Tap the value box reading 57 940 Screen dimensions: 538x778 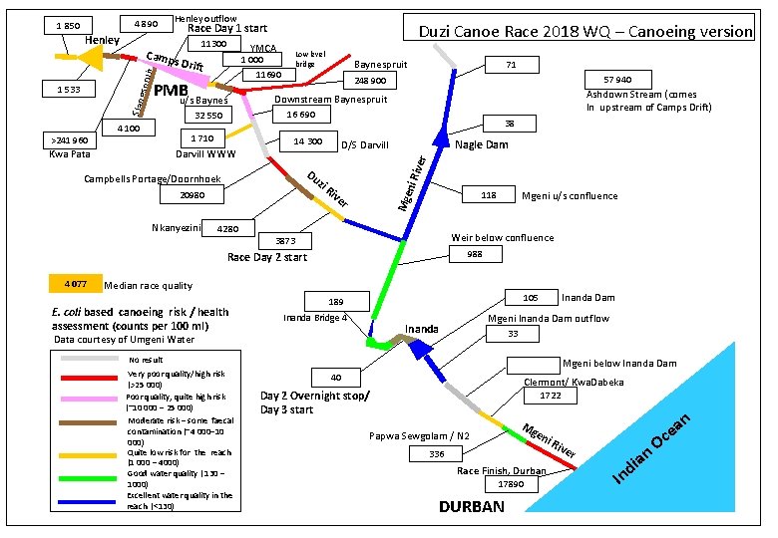[x=615, y=79]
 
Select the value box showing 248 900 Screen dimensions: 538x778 [x=371, y=80]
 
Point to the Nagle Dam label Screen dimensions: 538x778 [x=481, y=145]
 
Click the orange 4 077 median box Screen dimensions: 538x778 [x=75, y=284]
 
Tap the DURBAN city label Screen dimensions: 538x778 [x=472, y=508]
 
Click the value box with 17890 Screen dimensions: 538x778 [x=511, y=484]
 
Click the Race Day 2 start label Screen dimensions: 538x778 [x=267, y=257]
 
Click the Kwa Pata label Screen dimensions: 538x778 [x=70, y=155]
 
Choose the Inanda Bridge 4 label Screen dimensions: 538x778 [x=315, y=318]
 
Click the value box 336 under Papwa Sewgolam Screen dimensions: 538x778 [x=437, y=454]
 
